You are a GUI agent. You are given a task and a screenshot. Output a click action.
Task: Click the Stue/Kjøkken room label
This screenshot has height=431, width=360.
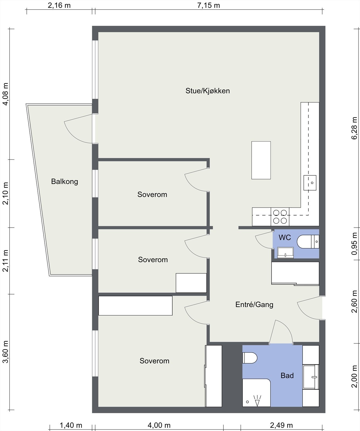[x=207, y=91]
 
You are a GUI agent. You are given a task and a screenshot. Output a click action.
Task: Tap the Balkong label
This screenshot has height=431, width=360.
[x=65, y=182]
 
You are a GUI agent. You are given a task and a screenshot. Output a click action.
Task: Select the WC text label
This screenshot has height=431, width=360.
[x=285, y=237]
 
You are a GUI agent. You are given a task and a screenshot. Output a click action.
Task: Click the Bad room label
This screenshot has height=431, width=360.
[x=287, y=376]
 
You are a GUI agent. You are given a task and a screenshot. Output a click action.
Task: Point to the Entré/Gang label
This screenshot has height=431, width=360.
[x=254, y=304]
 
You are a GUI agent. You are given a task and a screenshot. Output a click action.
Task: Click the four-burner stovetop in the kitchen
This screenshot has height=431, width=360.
[x=280, y=217]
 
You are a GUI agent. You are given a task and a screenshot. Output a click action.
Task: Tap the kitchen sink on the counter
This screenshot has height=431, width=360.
[x=310, y=183]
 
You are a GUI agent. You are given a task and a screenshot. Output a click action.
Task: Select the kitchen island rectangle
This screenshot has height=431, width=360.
[x=261, y=160]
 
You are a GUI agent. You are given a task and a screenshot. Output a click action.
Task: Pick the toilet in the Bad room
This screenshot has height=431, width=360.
[x=250, y=358]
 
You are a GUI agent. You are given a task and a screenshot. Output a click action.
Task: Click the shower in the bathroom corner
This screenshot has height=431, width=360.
[x=256, y=393]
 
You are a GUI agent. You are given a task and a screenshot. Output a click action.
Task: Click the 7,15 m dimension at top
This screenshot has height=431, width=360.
[x=209, y=5]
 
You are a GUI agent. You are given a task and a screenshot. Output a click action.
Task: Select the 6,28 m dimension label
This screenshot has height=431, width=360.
[x=354, y=128]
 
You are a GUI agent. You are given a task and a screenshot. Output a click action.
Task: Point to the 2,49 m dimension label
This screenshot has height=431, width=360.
[x=281, y=425]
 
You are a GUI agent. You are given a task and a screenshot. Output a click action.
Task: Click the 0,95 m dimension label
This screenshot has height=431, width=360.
[x=354, y=244]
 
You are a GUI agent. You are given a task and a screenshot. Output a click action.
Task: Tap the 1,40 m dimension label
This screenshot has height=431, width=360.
[x=71, y=425]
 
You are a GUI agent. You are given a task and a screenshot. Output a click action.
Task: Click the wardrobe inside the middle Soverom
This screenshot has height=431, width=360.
[x=191, y=283]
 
